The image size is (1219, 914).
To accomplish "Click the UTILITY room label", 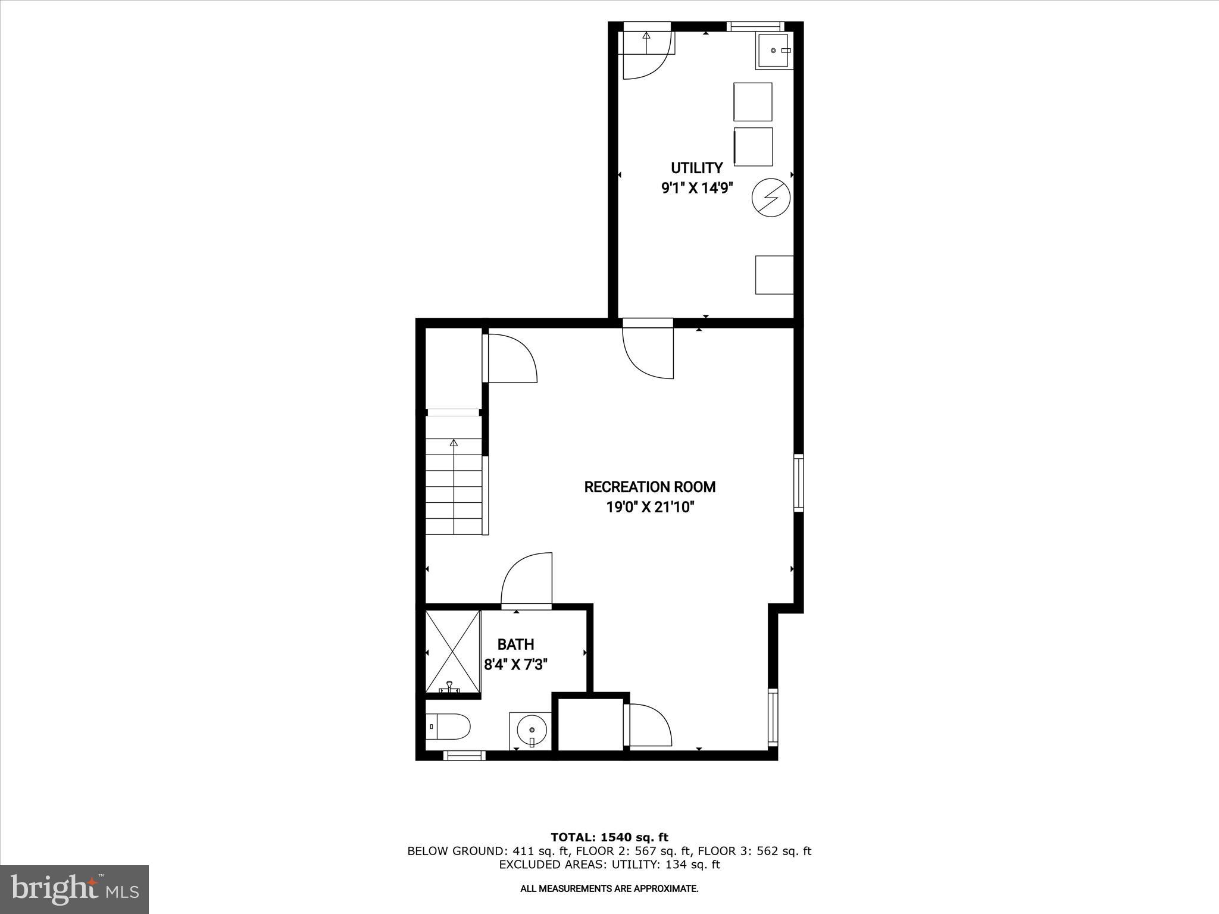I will tap(696, 168).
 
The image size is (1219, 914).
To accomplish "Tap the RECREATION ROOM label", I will tap(649, 487).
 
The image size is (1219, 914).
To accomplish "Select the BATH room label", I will tap(515, 644).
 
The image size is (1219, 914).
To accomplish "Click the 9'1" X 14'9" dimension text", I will tap(696, 188).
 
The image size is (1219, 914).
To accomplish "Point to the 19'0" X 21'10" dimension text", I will tap(649, 507).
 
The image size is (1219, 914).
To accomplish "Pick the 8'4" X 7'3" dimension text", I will tap(515, 664).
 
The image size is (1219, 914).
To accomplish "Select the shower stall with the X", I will tap(453, 652).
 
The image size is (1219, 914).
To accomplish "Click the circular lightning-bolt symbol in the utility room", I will tap(770, 198).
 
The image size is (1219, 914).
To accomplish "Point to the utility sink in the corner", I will tap(774, 51).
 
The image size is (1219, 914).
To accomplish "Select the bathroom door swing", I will tap(527, 580).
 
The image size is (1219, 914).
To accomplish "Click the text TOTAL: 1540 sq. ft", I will tap(609, 838).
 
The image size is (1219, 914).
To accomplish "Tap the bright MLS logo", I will tap(74, 889).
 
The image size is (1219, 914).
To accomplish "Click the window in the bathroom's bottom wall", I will tap(464, 756).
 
